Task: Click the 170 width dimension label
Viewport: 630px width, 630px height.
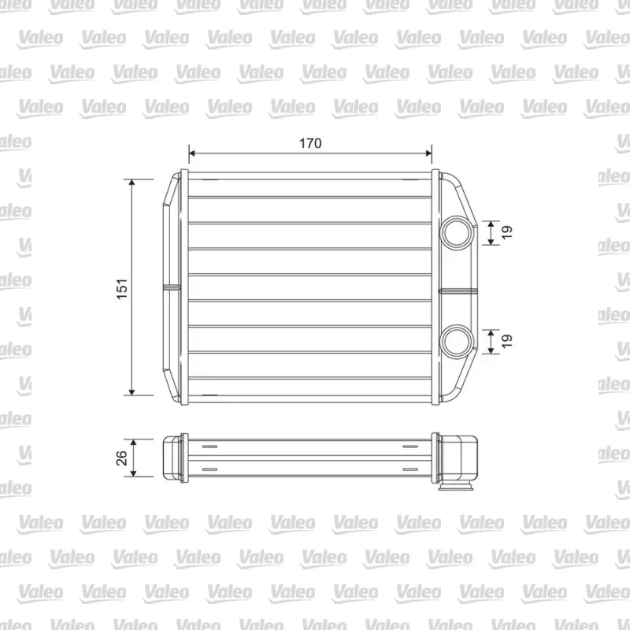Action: coord(310,143)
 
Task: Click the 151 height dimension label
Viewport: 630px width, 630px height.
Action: coord(122,288)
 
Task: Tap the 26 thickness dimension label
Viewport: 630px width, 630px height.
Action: coord(121,458)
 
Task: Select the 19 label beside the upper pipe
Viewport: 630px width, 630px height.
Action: coord(507,232)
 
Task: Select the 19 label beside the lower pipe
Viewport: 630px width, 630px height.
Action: coord(507,341)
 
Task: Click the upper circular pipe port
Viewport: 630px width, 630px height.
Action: coord(457,232)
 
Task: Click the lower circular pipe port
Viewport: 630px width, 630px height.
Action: coord(457,342)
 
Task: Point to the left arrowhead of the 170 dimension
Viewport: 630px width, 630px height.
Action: coord(192,153)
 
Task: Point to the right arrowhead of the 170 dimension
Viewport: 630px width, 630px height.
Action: coord(428,153)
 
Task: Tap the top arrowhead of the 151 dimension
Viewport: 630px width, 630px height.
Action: coord(132,183)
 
